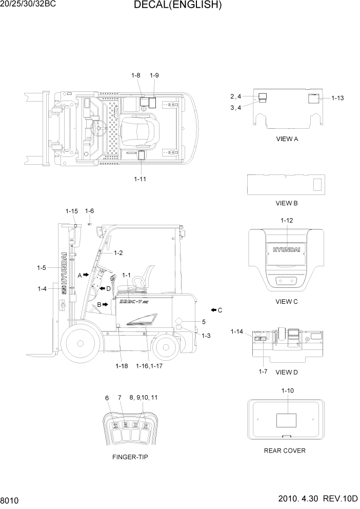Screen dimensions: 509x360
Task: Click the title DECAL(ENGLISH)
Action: [x=178, y=6]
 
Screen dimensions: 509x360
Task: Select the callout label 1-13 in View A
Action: [x=337, y=98]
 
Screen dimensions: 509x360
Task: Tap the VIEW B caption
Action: [x=287, y=203]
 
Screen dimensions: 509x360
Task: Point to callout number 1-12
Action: [x=287, y=220]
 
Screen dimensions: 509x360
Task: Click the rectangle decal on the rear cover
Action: [x=287, y=420]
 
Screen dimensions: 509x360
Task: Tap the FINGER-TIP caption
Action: [x=130, y=457]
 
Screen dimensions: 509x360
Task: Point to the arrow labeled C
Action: [x=214, y=310]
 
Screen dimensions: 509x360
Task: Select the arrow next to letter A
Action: [x=86, y=276]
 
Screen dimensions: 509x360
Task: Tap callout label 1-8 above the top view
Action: [x=135, y=75]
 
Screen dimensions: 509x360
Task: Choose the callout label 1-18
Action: [x=122, y=366]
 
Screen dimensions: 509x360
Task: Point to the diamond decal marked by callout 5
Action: [x=179, y=321]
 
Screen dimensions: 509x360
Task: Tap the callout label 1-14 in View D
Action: [x=237, y=331]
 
